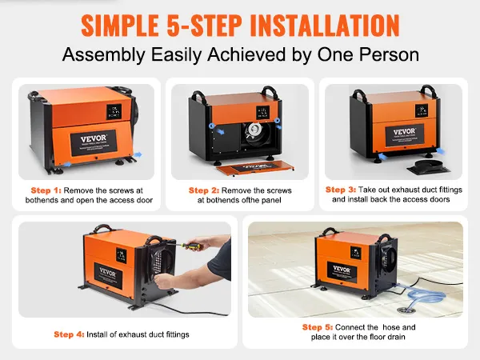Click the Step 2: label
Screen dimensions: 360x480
click(x=203, y=190)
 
